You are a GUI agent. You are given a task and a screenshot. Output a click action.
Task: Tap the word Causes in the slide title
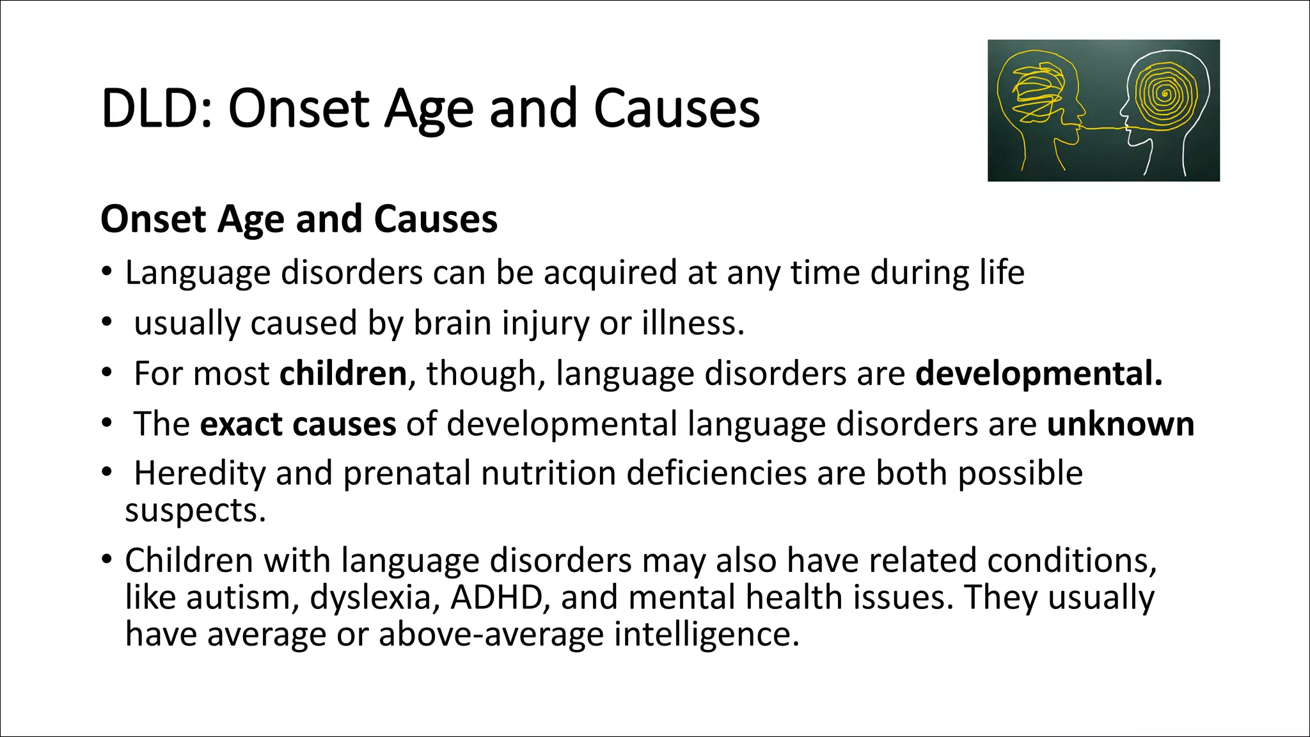[x=676, y=109]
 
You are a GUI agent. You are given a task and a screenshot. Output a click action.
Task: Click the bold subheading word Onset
[x=153, y=219]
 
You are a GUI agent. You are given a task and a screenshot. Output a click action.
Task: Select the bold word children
[x=343, y=374]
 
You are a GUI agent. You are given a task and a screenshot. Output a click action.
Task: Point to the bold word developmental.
[x=1038, y=374]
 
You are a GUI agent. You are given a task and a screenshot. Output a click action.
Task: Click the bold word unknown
[x=1120, y=424]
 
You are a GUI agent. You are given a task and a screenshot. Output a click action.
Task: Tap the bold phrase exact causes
[x=298, y=424]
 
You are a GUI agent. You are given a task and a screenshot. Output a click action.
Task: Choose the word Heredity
[x=200, y=474]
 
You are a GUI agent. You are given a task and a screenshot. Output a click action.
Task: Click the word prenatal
[x=407, y=474]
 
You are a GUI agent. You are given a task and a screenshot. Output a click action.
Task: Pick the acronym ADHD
[x=497, y=598]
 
